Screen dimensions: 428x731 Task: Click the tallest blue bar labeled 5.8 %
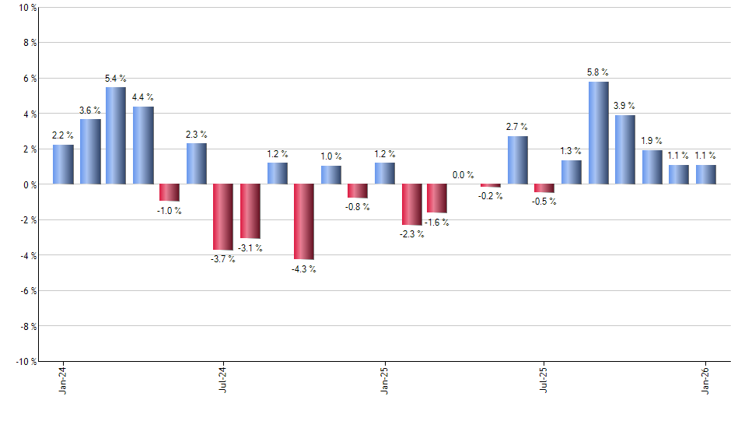tap(598, 132)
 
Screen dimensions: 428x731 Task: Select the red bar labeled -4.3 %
tap(303, 222)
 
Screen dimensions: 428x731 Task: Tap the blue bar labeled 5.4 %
tap(116, 135)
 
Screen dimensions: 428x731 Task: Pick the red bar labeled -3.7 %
tap(223, 216)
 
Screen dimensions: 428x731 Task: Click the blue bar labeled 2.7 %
tap(518, 160)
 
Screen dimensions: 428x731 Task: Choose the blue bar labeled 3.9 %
tap(625, 149)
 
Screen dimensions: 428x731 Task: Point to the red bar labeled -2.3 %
tap(411, 205)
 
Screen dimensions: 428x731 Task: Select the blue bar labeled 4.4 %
tap(143, 145)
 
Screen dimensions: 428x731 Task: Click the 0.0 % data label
tap(463, 175)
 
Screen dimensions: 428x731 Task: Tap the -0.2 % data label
tap(491, 197)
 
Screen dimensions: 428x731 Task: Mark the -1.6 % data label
tap(436, 223)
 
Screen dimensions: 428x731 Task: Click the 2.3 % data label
tap(196, 135)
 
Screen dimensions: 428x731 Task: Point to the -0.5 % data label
tap(544, 202)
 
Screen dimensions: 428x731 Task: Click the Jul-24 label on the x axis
tap(223, 381)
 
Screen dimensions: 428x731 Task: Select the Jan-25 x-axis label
tap(384, 381)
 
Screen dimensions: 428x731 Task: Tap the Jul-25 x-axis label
tap(544, 381)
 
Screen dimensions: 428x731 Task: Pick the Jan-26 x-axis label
tap(705, 381)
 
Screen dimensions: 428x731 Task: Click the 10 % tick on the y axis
tap(26, 8)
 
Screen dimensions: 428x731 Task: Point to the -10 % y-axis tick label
tap(25, 361)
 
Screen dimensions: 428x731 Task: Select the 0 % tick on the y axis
tap(29, 184)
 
